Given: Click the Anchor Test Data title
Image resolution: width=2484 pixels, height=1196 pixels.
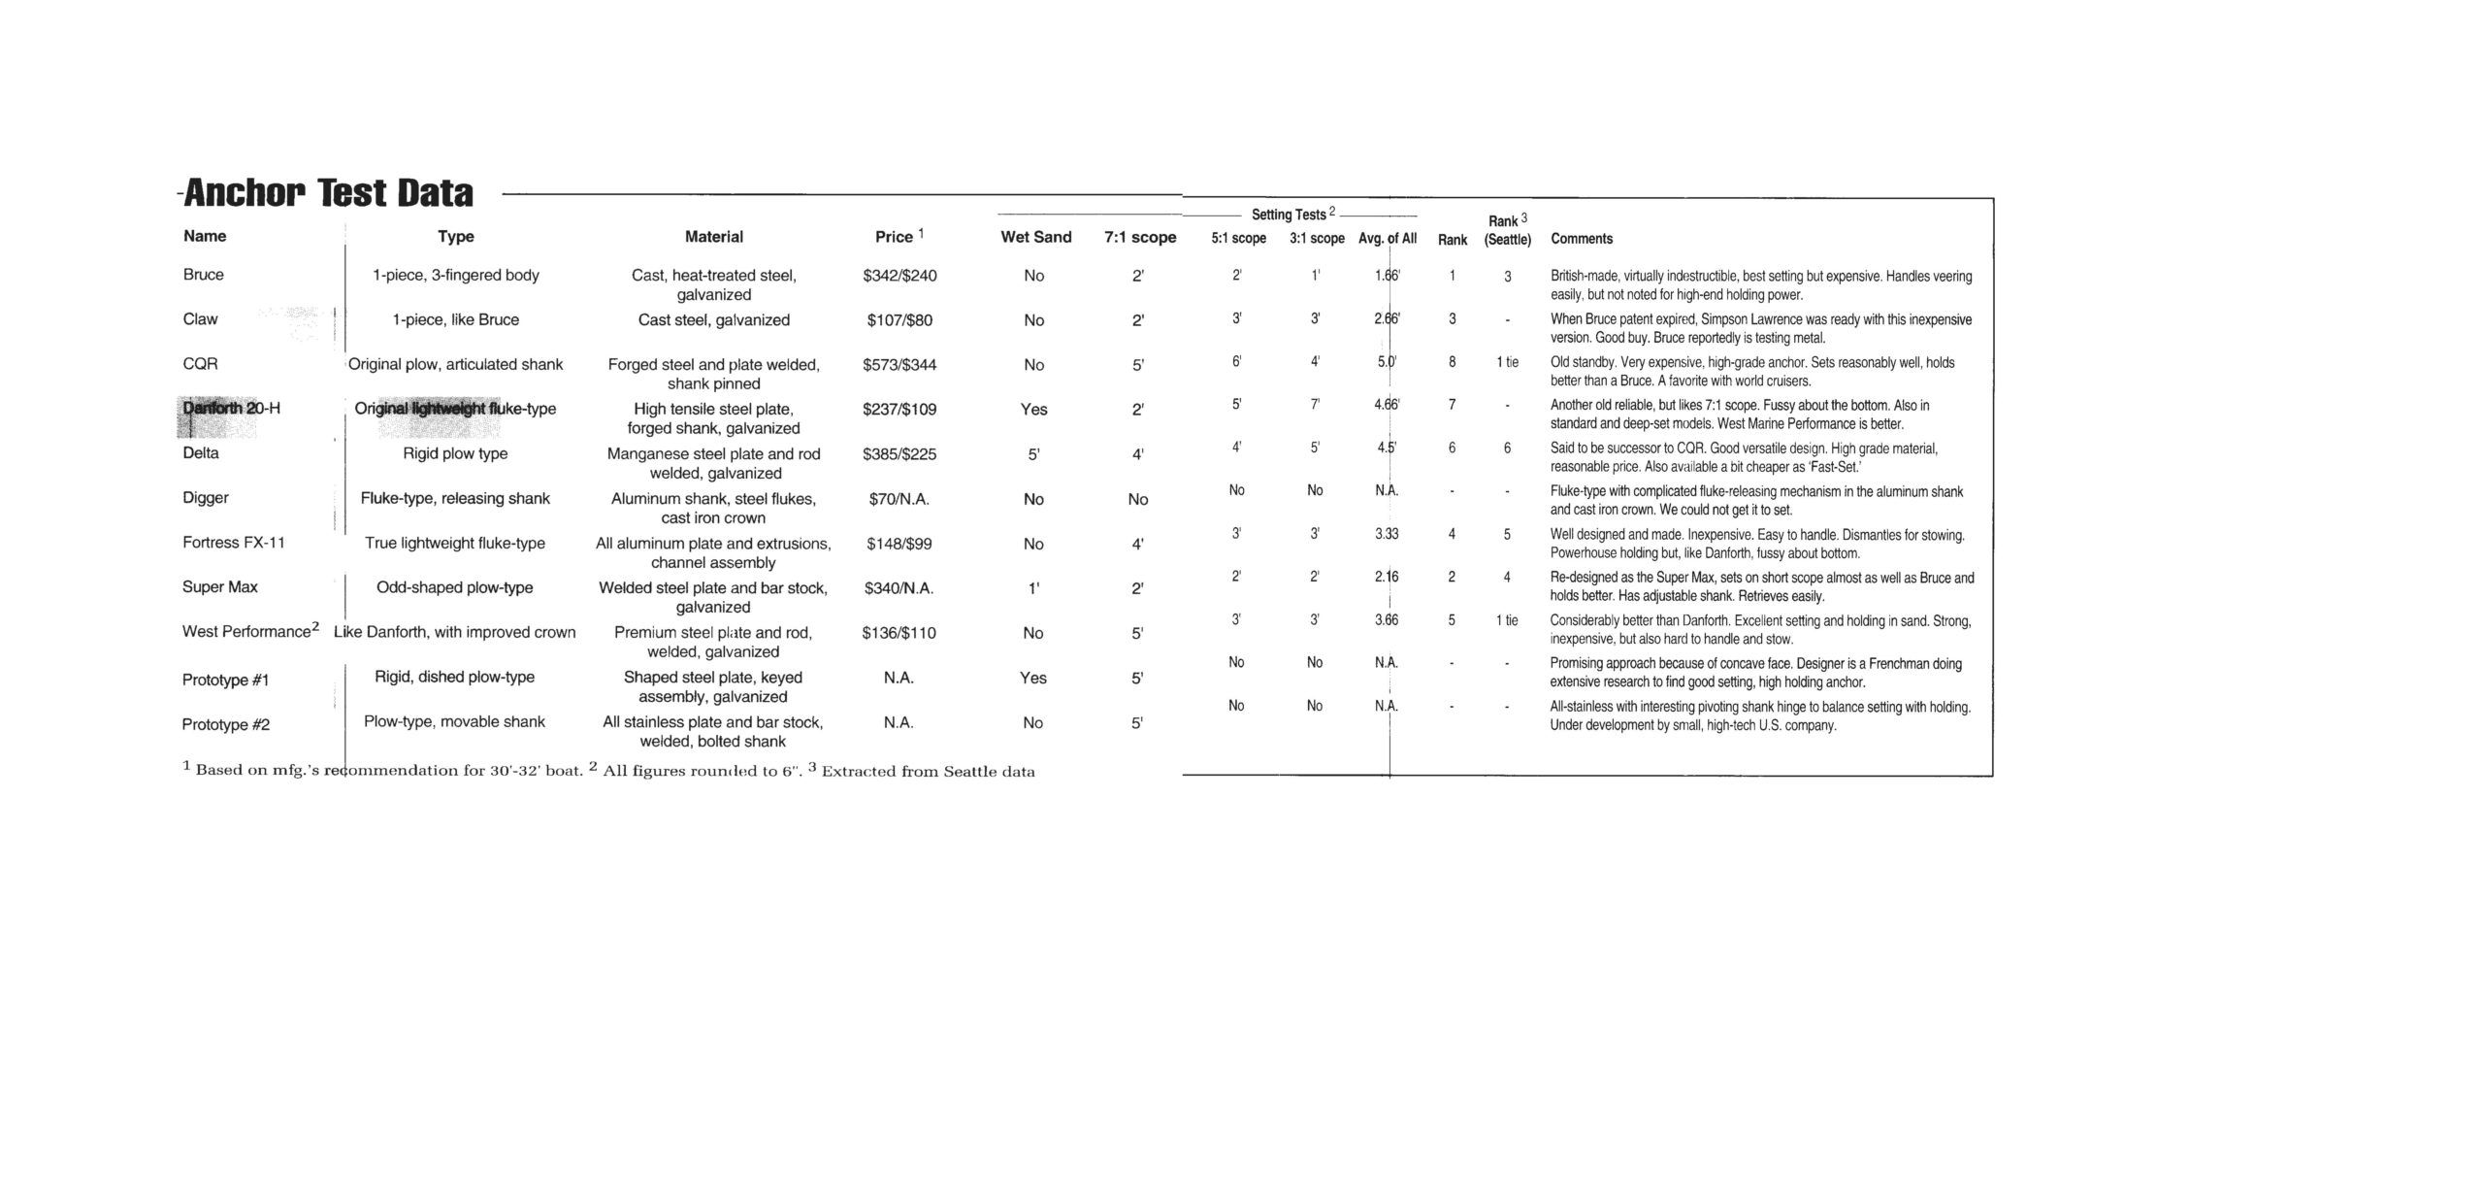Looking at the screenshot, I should coord(328,193).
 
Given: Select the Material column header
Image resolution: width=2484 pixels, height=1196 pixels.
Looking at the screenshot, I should coord(713,237).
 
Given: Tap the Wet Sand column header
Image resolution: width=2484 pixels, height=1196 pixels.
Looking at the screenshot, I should coord(1035,237).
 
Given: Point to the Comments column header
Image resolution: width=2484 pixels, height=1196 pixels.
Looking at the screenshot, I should coord(1581,239).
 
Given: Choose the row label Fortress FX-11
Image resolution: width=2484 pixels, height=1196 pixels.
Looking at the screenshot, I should coord(234,543).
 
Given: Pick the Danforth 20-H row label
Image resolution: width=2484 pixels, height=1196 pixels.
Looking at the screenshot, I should coord(231,409).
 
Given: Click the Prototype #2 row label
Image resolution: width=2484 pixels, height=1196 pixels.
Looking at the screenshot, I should coord(226,725).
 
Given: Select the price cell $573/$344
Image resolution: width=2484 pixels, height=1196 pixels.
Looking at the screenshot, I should coord(899,365).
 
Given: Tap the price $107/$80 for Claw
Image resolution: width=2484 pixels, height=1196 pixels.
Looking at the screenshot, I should coord(899,320).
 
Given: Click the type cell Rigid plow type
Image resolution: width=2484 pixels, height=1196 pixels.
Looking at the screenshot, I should coord(455,453).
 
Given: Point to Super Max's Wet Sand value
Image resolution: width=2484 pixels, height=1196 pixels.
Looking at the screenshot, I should coord(1033,588).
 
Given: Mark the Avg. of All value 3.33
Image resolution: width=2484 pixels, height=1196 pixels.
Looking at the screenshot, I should coord(1387,534).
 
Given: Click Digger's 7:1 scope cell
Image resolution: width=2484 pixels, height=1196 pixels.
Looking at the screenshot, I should coord(1137,499).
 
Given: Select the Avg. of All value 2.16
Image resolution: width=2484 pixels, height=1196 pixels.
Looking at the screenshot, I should coord(1387,577).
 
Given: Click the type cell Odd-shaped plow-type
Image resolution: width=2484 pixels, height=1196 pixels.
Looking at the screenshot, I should coord(454,587).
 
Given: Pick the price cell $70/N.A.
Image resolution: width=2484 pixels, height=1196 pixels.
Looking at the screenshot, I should coord(899,499).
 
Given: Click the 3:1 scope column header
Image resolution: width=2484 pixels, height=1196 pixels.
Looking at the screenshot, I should coord(1317,239).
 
